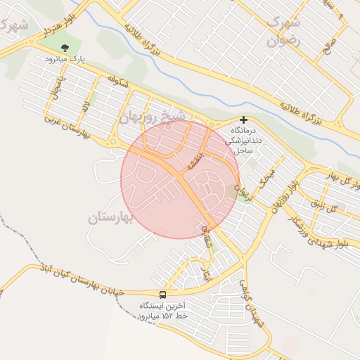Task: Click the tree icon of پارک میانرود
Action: [65, 48]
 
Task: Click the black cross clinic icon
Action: [243, 120]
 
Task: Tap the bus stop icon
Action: [163, 295]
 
